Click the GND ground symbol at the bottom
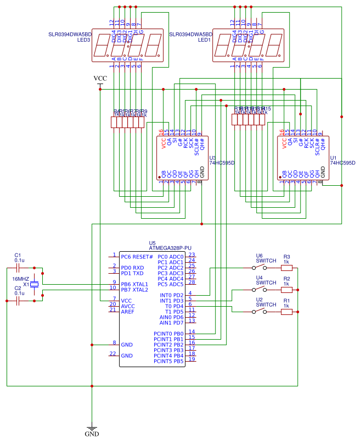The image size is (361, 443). (x=92, y=428)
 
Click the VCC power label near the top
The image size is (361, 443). (x=100, y=79)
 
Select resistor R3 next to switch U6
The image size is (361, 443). (x=286, y=268)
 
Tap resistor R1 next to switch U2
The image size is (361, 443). (x=286, y=312)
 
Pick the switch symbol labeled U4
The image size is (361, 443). (x=260, y=290)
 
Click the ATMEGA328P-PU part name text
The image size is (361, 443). (x=171, y=248)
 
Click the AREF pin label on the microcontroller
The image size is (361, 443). (x=127, y=312)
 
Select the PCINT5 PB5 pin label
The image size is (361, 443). (x=168, y=361)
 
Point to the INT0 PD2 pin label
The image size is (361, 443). (x=171, y=295)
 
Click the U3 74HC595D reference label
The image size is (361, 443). (x=219, y=160)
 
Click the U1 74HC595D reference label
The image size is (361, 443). (x=341, y=160)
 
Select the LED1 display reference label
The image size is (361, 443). (x=204, y=40)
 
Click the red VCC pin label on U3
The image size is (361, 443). (x=163, y=143)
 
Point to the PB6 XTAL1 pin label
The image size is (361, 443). (x=134, y=284)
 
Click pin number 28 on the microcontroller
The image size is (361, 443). (x=191, y=283)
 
